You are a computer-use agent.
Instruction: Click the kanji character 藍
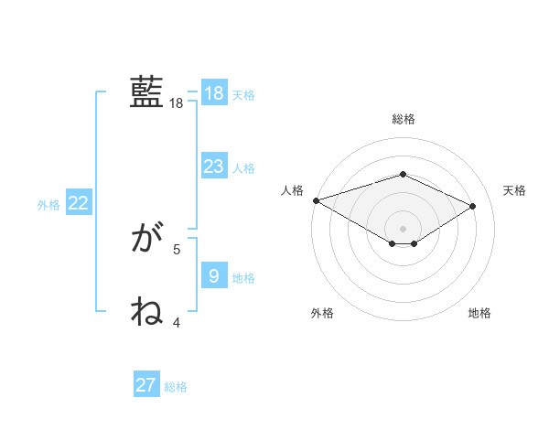point(147,92)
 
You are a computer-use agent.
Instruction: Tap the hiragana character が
point(147,240)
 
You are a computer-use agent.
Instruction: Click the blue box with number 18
point(213,93)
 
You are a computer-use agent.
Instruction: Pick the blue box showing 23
point(213,167)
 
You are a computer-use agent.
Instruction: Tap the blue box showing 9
point(213,276)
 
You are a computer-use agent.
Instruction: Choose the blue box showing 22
point(78,204)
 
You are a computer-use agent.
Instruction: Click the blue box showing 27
point(146,385)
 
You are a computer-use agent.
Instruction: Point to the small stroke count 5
point(177,249)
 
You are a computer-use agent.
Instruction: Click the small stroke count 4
point(177,322)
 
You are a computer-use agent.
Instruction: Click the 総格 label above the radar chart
point(404,119)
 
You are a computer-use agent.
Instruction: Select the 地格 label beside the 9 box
point(243,278)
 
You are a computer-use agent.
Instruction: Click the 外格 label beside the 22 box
point(48,205)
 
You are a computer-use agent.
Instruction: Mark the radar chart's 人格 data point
point(316,200)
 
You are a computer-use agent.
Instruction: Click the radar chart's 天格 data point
point(473,206)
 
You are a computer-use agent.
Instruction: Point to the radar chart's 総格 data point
point(404,174)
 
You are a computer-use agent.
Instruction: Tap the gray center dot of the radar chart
point(404,227)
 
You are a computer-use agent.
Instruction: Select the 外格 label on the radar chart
point(322,313)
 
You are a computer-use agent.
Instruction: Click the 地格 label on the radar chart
point(479,313)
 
